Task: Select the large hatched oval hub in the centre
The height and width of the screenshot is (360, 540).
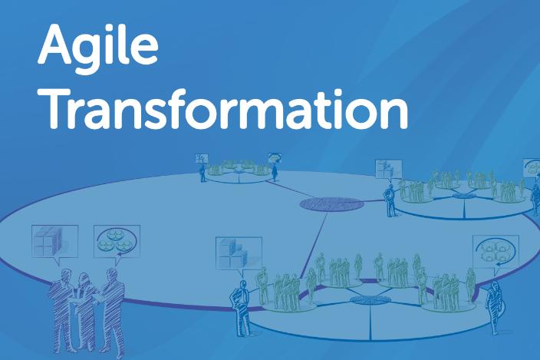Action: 331,204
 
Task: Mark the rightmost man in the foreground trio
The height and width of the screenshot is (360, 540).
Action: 112,311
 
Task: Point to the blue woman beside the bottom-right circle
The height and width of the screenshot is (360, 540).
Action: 495,308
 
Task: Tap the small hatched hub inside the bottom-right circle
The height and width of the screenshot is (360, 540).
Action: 370,300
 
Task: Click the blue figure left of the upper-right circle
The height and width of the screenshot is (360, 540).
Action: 390,201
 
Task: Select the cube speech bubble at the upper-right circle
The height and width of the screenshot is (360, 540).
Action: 389,169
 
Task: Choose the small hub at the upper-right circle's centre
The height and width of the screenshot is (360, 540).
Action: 464,197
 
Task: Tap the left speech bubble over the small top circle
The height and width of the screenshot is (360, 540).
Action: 202,158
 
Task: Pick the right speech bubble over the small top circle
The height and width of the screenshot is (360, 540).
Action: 275,158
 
